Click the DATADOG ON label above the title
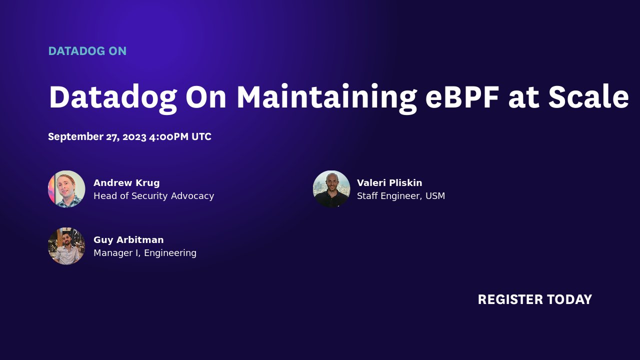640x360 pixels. [x=87, y=51]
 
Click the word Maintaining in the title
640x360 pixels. [x=326, y=97]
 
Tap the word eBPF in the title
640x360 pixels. [x=462, y=97]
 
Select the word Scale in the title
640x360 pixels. [x=588, y=97]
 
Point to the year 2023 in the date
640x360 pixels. [x=134, y=137]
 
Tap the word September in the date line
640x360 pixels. [x=75, y=137]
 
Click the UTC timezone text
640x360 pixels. [x=201, y=137]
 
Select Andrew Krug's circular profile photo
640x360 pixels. [x=66, y=189]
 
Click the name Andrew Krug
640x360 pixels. [x=126, y=183]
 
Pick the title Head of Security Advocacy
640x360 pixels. [x=153, y=196]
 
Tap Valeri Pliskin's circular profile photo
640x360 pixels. [x=331, y=189]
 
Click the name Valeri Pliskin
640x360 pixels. [x=389, y=183]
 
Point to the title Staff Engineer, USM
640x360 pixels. [x=400, y=196]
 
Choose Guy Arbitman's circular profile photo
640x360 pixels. [x=66, y=246]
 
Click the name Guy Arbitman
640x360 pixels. [x=128, y=240]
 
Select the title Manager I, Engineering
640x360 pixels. [x=145, y=253]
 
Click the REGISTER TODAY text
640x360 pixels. [x=534, y=299]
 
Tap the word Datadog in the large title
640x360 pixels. [x=112, y=97]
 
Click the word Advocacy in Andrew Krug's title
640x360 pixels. [x=192, y=196]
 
